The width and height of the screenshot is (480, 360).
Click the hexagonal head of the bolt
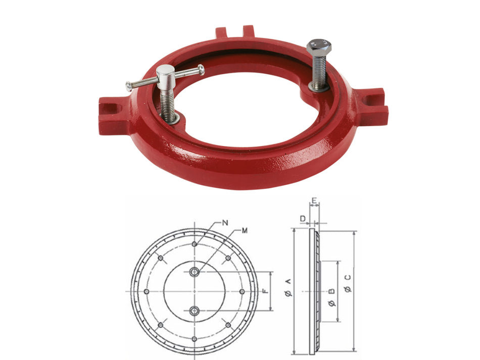[319, 47]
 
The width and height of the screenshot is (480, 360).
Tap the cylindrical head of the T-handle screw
[165, 74]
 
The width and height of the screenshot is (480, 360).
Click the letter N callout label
[225, 223]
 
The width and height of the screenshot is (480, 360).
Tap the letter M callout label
[244, 231]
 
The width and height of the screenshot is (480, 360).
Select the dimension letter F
[265, 290]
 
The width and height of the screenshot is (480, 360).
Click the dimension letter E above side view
[314, 200]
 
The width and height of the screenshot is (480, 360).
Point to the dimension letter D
[303, 219]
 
